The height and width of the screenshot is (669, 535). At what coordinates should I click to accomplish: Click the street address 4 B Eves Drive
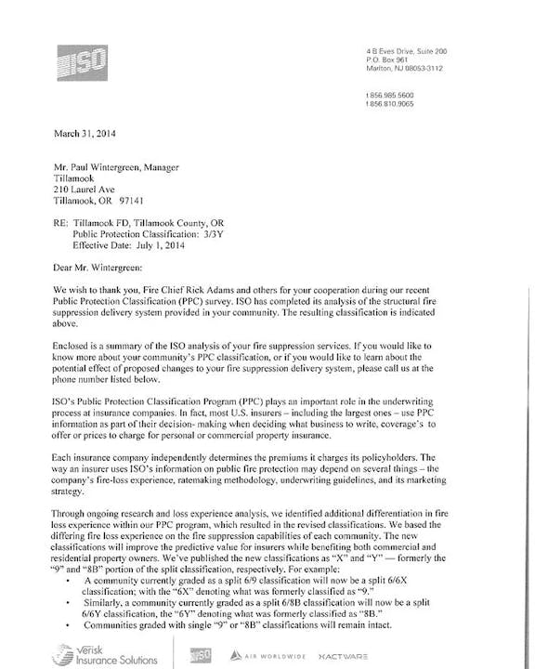point(407,51)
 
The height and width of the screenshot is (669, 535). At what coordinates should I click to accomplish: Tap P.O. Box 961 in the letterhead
point(388,59)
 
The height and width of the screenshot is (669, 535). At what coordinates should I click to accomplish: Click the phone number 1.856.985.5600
point(391,96)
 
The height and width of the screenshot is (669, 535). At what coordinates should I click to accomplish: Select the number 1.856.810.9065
point(391,104)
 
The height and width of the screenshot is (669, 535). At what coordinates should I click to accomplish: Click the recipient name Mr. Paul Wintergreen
point(111,167)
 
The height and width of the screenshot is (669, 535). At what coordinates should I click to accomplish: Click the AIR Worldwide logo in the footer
point(268,655)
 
